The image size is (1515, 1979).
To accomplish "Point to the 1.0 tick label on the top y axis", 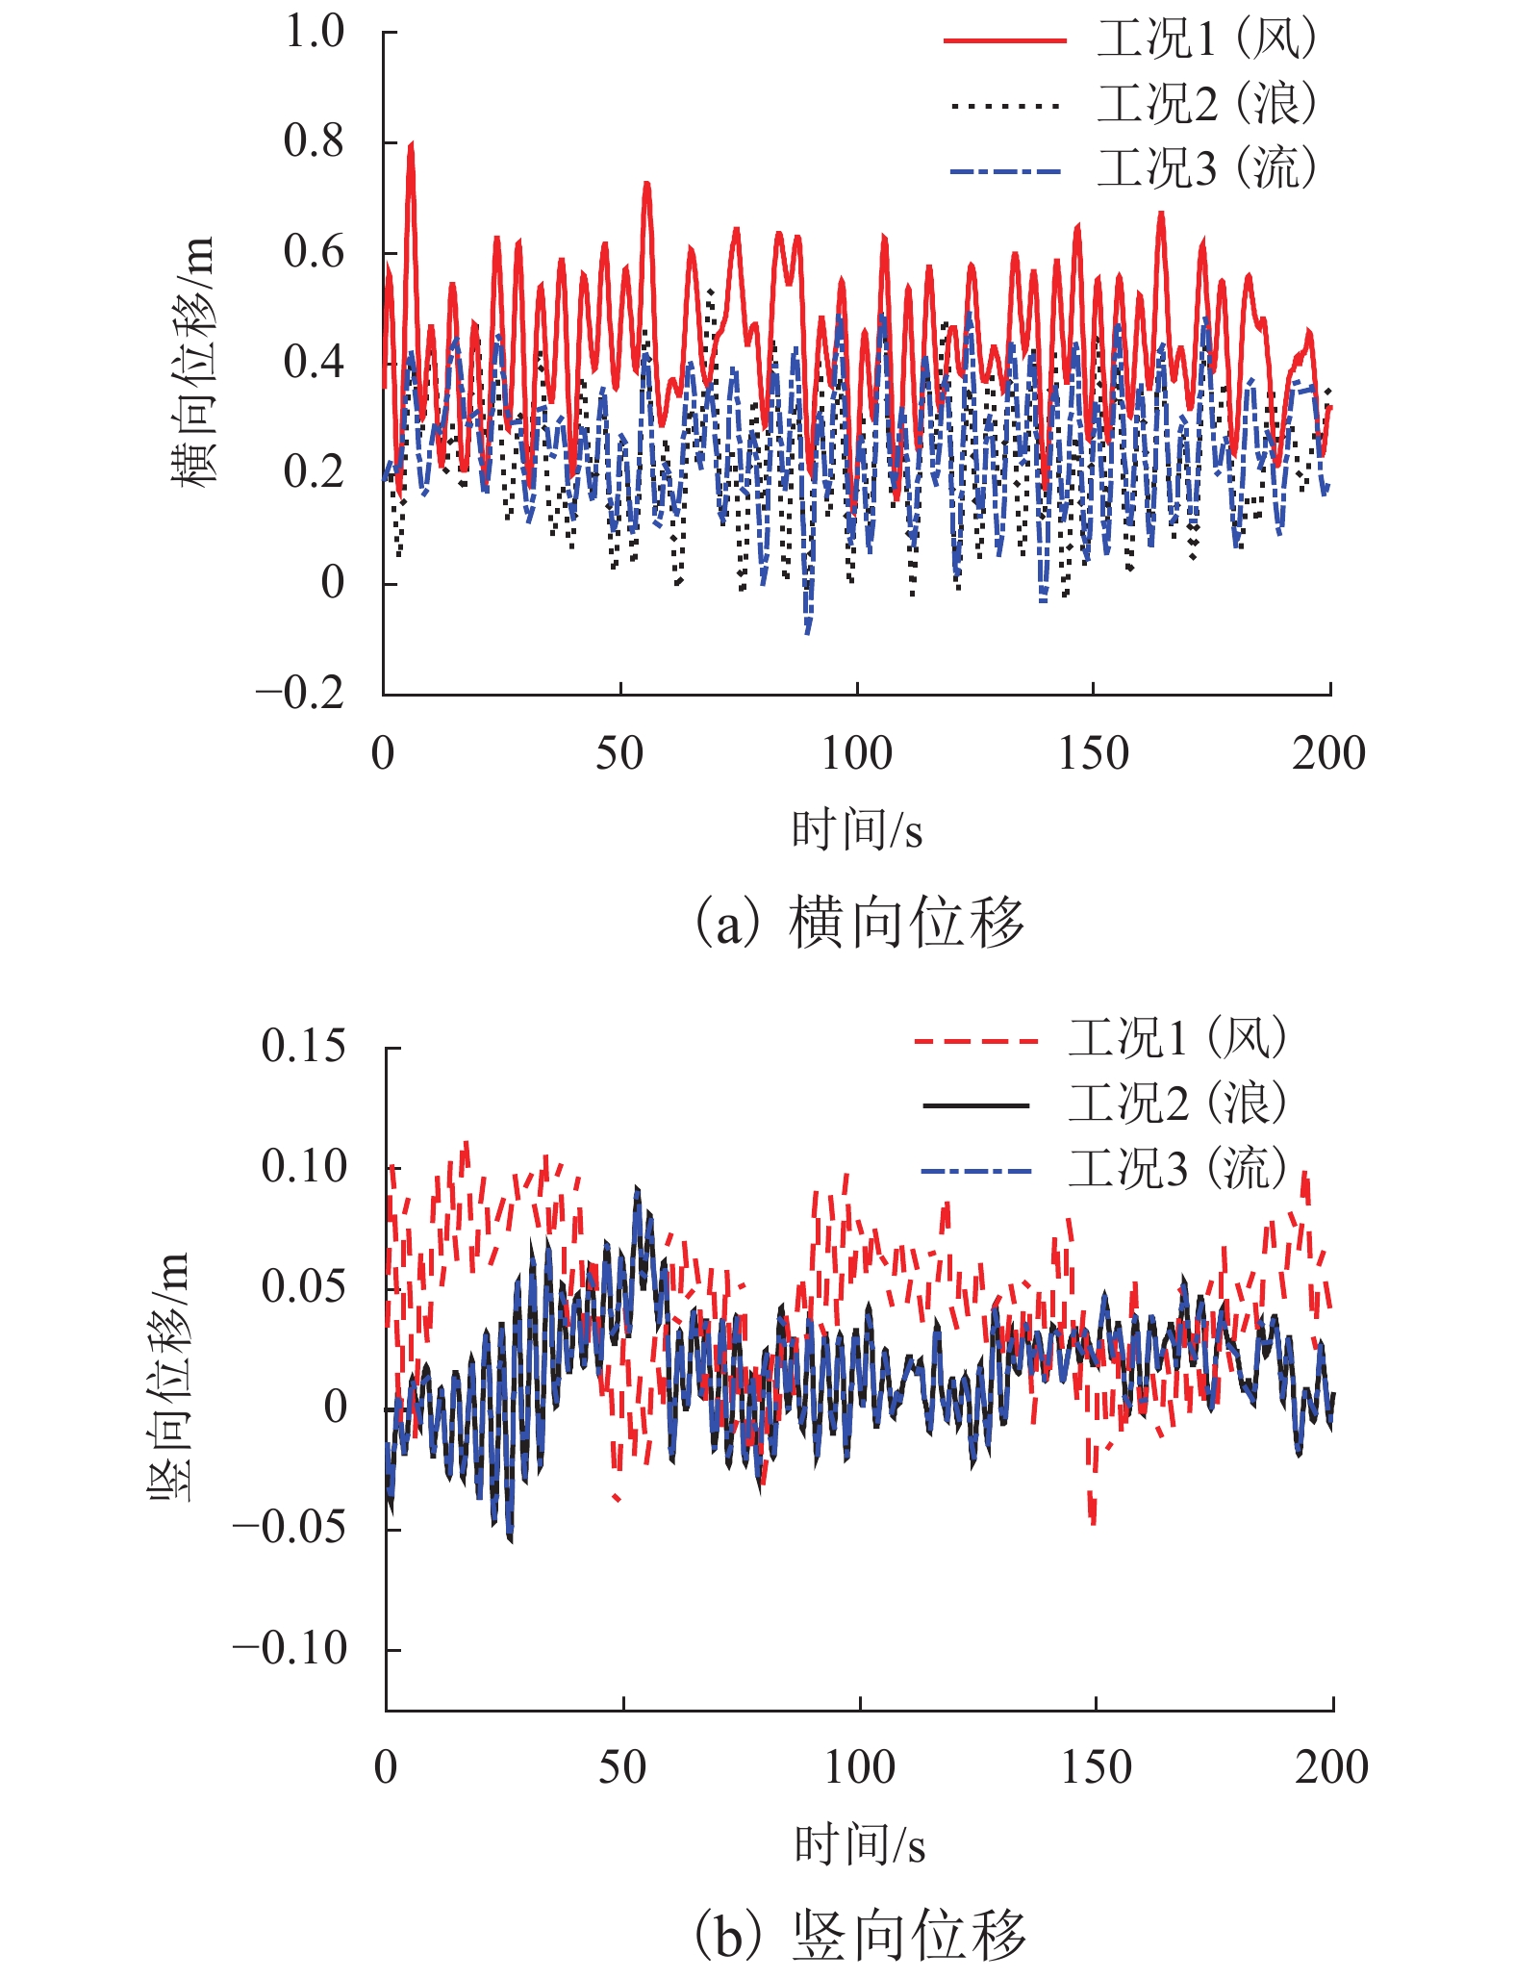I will tap(314, 32).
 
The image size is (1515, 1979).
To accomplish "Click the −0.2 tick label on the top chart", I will tap(299, 693).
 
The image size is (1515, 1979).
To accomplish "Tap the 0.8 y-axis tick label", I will tap(314, 141).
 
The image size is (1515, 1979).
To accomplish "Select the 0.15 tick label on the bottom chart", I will tap(303, 1046).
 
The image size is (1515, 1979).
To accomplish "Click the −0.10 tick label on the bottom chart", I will tap(289, 1649).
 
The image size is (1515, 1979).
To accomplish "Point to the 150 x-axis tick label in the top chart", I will tap(1093, 753).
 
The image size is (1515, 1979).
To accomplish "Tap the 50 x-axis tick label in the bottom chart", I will tap(622, 1767).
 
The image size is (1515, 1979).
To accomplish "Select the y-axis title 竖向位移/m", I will tap(169, 1378).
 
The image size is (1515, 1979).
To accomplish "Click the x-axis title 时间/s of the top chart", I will tap(856, 830).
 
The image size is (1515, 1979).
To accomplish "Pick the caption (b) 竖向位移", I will tap(859, 1935).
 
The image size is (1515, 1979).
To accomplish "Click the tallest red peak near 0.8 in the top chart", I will tap(412, 144).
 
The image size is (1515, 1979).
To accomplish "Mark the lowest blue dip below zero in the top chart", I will tap(808, 631).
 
